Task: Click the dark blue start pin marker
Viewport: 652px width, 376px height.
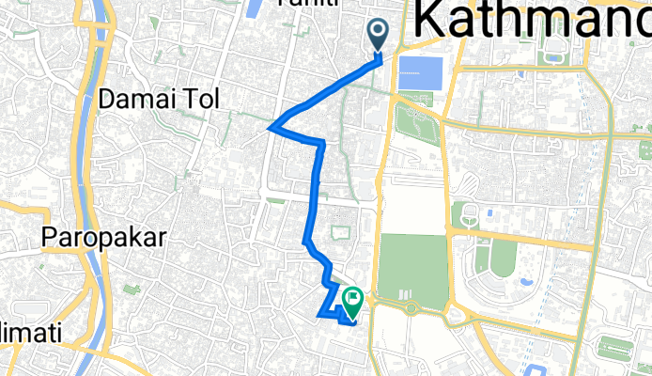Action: (379, 35)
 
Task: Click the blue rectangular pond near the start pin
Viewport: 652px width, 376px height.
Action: (419, 74)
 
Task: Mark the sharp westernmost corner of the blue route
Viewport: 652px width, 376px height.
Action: (271, 127)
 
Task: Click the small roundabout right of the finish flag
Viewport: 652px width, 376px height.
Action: (410, 307)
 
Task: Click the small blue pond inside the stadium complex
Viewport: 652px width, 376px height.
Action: (523, 281)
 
